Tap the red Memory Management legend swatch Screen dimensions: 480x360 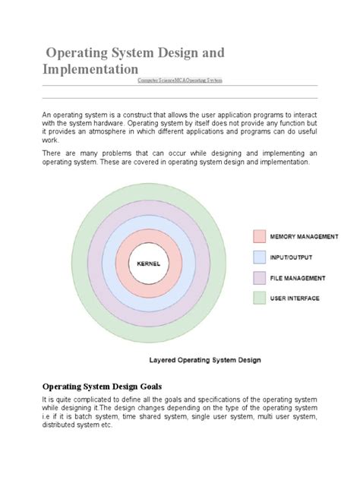click(260, 236)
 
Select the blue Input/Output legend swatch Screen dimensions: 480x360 click(260, 257)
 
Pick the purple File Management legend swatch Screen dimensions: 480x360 click(260, 277)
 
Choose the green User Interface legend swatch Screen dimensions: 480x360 click(260, 298)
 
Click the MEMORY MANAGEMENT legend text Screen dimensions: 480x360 click(304, 237)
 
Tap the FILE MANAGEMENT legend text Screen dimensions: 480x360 click(298, 278)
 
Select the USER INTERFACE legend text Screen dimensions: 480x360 click(295, 298)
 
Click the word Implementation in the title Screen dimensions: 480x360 click(90, 69)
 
